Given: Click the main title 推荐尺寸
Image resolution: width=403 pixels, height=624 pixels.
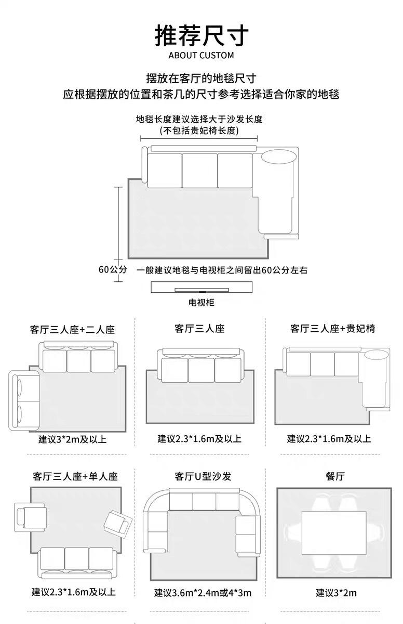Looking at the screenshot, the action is tap(202, 35).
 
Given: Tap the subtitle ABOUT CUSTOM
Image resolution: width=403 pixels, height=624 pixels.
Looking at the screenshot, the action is tap(201, 55).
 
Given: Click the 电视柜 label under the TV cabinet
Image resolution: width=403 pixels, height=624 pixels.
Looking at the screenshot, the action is tap(202, 303).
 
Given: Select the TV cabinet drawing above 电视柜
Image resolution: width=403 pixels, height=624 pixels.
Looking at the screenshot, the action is tap(202, 287).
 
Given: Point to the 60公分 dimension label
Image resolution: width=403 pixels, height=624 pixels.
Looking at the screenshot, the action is tap(113, 269).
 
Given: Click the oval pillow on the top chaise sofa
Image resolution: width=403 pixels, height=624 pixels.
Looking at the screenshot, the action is tap(279, 157).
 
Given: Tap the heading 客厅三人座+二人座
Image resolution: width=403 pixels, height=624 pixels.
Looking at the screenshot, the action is tap(72, 330).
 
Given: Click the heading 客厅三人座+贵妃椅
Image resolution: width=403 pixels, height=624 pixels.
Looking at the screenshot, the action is tap(333, 329).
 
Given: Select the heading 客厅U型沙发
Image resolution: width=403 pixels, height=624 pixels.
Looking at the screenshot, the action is tap(203, 476).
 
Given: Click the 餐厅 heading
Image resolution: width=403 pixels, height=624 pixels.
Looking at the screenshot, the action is tap(335, 476).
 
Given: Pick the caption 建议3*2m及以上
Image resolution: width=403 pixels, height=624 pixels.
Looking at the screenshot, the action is tap(72, 439).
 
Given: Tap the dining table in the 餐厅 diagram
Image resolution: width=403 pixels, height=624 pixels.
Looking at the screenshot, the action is tap(334, 533).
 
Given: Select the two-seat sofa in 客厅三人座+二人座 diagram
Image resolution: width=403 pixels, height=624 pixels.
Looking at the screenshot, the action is tap(24, 400).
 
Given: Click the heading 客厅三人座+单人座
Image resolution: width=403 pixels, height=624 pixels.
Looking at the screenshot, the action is tap(75, 476).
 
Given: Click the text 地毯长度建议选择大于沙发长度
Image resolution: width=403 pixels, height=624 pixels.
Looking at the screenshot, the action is tap(199, 119).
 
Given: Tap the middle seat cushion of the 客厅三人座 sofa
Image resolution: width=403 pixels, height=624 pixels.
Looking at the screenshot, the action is tap(202, 370).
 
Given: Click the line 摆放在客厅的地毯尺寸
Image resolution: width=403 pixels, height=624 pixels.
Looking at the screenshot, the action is tap(202, 79).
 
